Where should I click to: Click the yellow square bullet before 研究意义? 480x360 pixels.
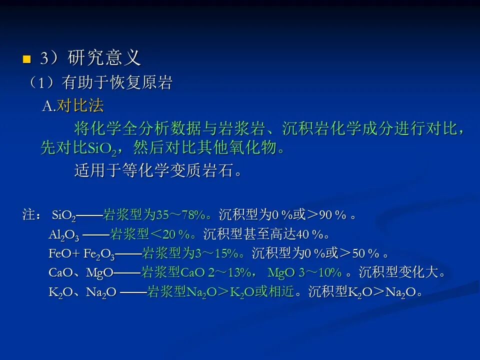[27, 59]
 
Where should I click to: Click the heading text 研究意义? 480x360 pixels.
[104, 57]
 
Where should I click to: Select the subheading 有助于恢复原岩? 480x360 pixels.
[117, 82]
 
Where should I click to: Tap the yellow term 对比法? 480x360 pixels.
[80, 105]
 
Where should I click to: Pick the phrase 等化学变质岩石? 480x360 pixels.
[178, 170]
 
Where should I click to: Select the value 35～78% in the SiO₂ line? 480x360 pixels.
[180, 215]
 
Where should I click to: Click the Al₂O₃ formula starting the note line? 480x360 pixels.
[64, 235]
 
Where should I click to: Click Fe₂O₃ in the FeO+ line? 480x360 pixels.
[99, 254]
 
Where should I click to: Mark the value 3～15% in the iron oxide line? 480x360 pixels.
[216, 253]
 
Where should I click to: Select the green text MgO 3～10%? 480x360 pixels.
[304, 272]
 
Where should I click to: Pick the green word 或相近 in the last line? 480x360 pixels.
[274, 291]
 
